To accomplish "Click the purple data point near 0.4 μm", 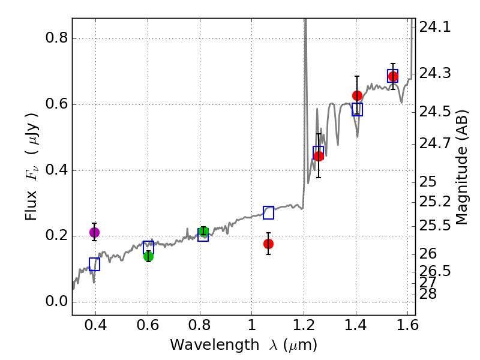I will (x=94, y=232).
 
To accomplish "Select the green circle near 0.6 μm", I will (x=148, y=256).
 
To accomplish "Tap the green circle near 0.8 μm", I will (x=203, y=232).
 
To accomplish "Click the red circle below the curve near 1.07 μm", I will (x=268, y=244).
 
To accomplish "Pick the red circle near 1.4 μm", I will (x=357, y=95).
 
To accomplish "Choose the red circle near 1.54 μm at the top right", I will (x=393, y=76).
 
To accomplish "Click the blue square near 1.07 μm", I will (x=268, y=212).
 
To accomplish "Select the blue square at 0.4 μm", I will (x=94, y=264).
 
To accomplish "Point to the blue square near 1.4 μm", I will (x=357, y=109).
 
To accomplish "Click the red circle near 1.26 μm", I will (x=319, y=156).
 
